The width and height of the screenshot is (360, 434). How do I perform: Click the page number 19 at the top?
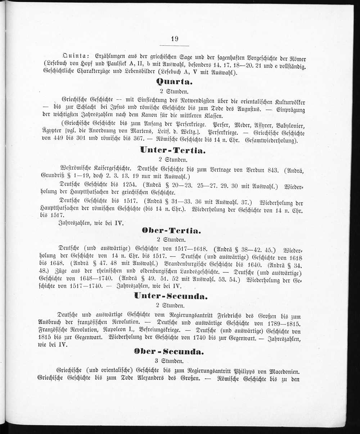tap(175, 39)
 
